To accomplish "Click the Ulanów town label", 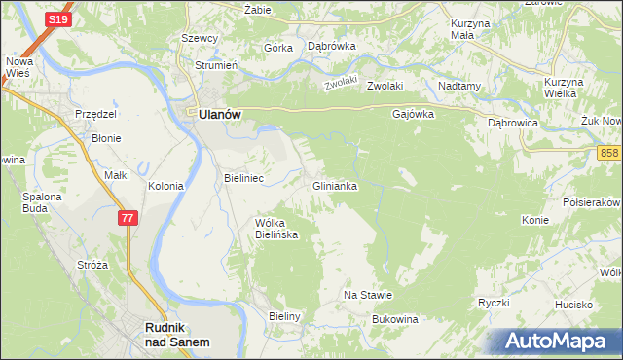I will (x=220, y=113).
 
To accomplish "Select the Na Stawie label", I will (x=368, y=295).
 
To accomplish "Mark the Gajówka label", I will (x=413, y=113).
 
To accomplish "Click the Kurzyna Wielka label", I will (x=562, y=88).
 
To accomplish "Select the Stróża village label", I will (x=92, y=265).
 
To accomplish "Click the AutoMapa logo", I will (x=555, y=342).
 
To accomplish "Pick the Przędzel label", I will (x=96, y=114).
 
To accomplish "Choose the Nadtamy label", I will (x=460, y=86).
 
